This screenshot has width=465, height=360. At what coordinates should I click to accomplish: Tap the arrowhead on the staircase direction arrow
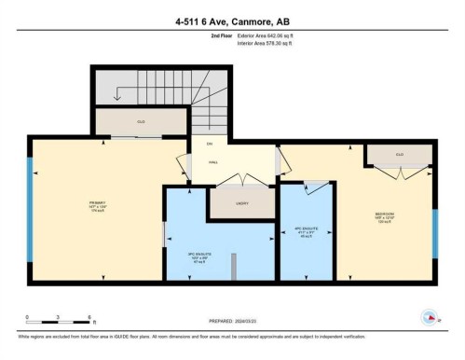[117, 99]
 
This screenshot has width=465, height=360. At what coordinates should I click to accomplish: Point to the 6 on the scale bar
[89, 318]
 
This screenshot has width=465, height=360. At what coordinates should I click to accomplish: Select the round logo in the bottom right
[431, 316]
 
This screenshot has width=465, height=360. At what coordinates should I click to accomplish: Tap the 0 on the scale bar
[28, 318]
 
